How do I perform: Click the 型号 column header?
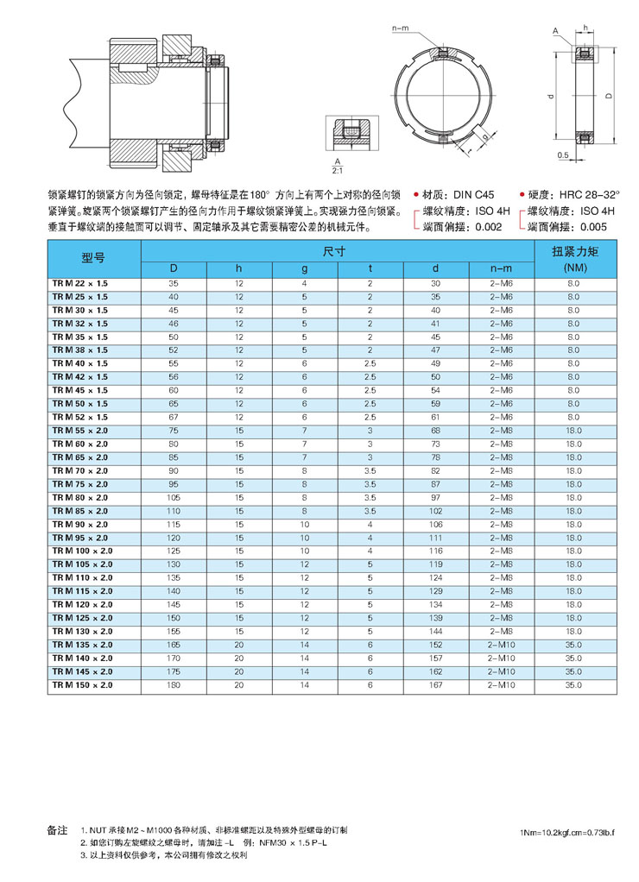coord(92,258)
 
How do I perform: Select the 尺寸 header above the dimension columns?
coord(335,251)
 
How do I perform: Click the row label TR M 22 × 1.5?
coord(80,283)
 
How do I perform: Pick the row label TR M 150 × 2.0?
coord(83,684)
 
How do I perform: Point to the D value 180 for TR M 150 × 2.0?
coord(174,684)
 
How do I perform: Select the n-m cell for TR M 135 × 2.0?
coord(501,645)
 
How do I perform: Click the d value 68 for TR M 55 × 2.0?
coord(436,430)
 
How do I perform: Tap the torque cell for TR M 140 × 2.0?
coord(573,658)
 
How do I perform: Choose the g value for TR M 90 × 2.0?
coord(305,524)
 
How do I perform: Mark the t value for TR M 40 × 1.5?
coord(370,363)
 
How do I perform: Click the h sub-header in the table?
coord(239,268)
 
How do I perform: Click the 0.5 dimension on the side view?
coord(562,156)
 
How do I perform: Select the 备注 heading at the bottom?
coord(56,829)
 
